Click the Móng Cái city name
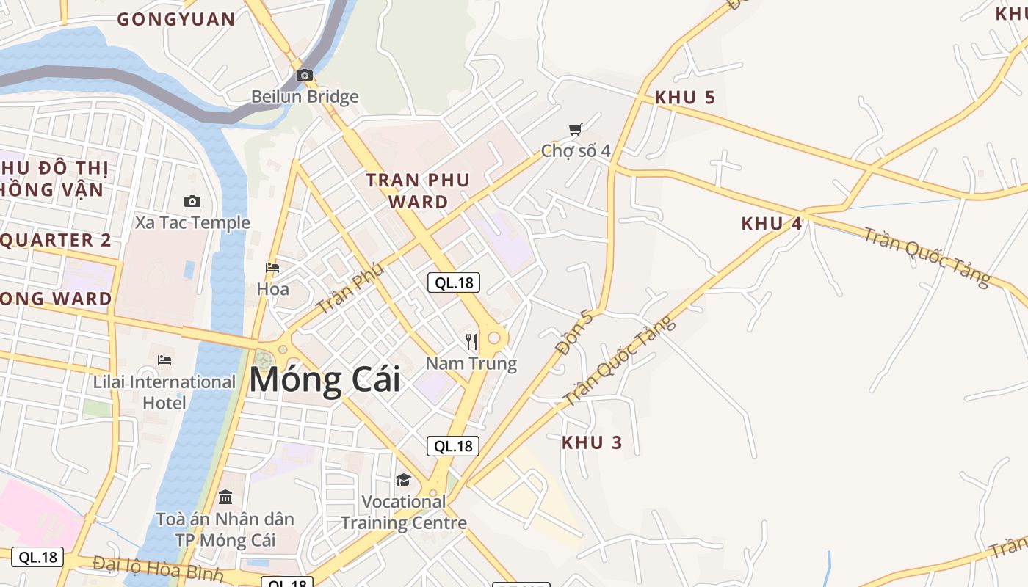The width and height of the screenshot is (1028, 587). (x=325, y=380)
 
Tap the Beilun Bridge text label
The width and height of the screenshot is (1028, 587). (x=305, y=97)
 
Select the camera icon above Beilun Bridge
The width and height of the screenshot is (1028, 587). (x=305, y=75)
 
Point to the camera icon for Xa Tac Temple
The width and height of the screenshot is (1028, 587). (x=192, y=201)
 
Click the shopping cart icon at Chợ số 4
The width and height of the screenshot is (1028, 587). (x=576, y=130)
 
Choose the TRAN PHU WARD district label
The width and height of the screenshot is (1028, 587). (x=418, y=191)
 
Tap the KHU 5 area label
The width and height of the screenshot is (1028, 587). (x=684, y=98)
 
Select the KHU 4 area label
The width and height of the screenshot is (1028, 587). (x=771, y=224)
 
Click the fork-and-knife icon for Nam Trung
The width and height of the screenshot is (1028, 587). (x=471, y=342)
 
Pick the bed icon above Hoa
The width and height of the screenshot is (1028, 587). (x=272, y=268)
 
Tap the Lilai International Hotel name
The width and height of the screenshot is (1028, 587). (x=164, y=392)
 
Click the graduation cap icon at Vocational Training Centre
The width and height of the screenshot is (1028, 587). (x=403, y=481)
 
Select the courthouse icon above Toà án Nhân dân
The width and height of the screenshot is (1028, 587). (x=225, y=497)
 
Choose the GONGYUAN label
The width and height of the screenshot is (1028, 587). (x=176, y=20)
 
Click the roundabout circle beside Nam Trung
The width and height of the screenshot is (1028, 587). (x=494, y=338)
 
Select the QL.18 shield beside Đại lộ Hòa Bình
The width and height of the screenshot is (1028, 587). (x=37, y=557)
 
